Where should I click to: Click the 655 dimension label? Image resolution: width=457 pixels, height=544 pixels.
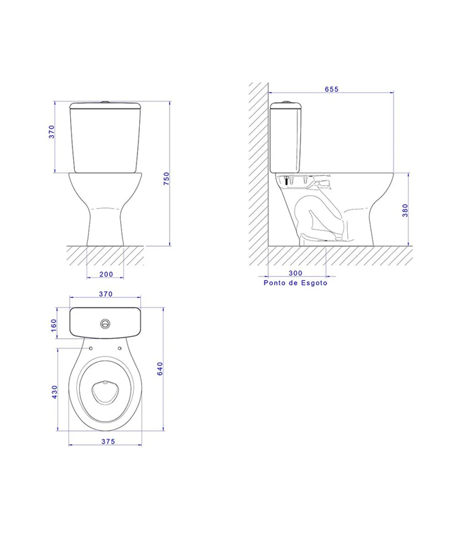(x=331, y=89)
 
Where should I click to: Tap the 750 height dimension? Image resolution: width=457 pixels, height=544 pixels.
(x=166, y=179)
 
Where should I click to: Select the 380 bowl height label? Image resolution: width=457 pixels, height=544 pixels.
(x=405, y=211)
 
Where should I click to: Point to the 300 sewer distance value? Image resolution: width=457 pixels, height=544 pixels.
(x=295, y=273)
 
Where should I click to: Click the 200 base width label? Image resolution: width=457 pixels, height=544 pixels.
(x=106, y=274)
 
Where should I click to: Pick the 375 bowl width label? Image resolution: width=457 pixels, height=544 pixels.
(x=108, y=442)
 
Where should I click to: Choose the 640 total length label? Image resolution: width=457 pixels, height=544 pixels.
(x=160, y=369)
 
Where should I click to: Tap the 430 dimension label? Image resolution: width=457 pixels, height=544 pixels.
(x=55, y=392)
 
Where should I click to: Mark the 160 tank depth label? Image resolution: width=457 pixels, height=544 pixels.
(x=54, y=325)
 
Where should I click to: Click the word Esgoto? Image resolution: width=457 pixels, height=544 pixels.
(x=314, y=283)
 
